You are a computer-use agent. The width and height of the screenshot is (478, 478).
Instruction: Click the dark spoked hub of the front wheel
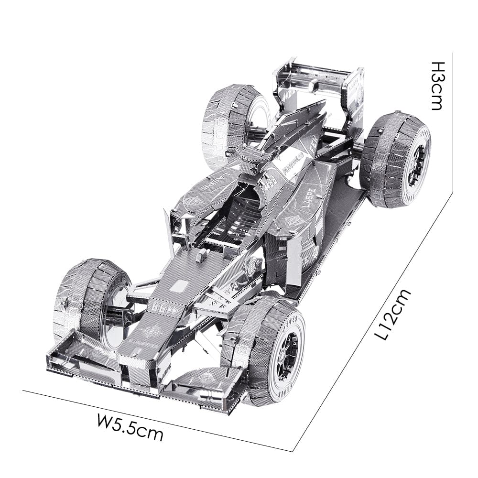[291, 352]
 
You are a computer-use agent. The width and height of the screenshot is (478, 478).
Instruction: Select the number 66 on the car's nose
[158, 309]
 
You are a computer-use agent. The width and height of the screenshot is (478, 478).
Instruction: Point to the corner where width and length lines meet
[293, 451]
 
